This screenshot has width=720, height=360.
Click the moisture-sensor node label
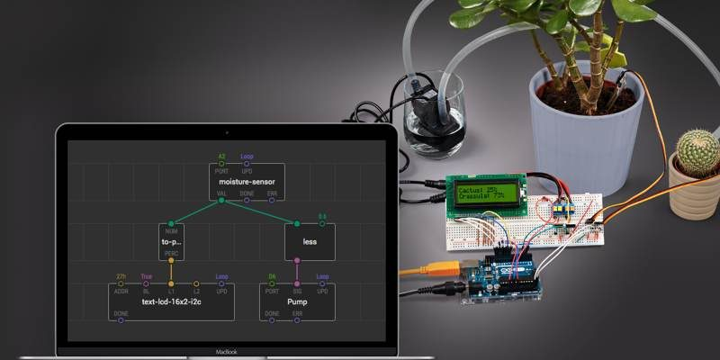[x=247, y=182]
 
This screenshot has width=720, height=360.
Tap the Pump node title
[x=297, y=301]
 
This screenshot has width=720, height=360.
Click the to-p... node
[x=171, y=241]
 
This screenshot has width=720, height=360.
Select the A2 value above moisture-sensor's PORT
[x=221, y=156]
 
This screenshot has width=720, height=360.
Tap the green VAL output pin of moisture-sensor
[x=221, y=201]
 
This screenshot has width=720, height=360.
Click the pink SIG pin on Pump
[x=297, y=284]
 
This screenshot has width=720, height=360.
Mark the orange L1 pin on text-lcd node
[x=171, y=284]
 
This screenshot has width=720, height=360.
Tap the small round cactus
[x=697, y=154]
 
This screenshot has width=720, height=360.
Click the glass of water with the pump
[x=435, y=117]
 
